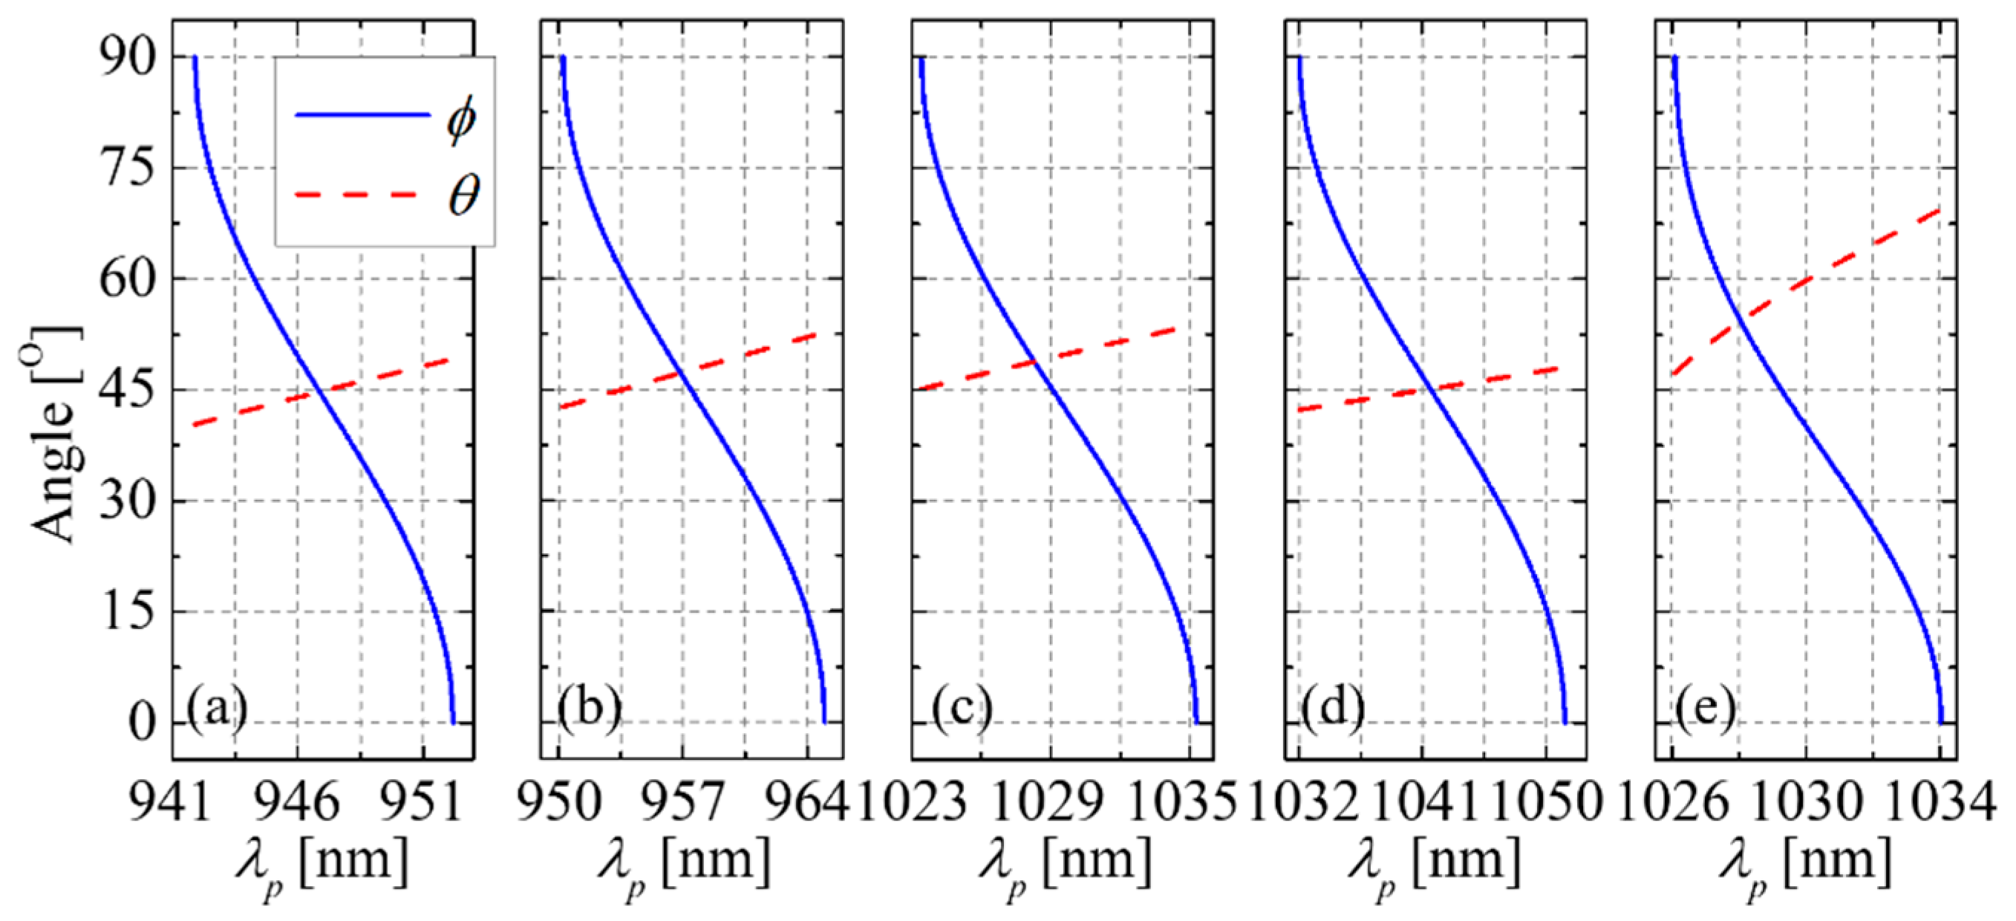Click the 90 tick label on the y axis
[x=127, y=59]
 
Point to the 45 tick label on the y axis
[x=127, y=391]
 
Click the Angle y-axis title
[x=53, y=435]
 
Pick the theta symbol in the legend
[x=463, y=195]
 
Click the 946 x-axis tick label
[x=298, y=803]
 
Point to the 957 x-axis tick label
[x=682, y=803]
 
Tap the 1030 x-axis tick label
[x=1805, y=803]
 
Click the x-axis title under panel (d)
[x=1434, y=865]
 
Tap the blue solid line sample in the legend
[x=362, y=115]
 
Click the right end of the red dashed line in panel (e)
[x=1940, y=209]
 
